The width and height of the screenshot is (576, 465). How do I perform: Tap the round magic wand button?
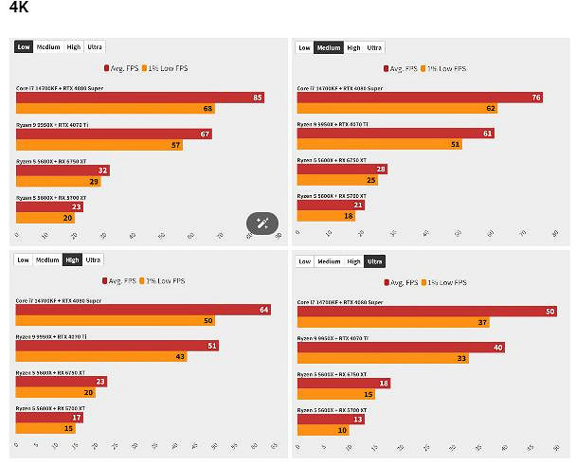(x=262, y=224)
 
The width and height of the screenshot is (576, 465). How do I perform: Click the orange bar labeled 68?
(x=116, y=109)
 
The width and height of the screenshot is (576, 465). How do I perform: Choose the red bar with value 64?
(x=143, y=310)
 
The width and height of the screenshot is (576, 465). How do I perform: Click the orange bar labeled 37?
(x=393, y=323)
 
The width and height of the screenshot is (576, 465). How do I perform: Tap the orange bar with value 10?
(x=323, y=430)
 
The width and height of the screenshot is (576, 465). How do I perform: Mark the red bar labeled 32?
(x=63, y=170)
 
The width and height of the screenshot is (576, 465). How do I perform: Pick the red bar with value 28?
(x=342, y=169)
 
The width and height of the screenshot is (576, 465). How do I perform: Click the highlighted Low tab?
(x=24, y=46)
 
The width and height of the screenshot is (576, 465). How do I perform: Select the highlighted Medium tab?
(x=329, y=47)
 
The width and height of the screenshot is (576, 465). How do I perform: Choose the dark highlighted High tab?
(x=72, y=259)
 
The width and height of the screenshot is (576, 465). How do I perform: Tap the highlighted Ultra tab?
(x=374, y=261)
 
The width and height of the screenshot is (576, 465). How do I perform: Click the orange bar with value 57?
(x=99, y=145)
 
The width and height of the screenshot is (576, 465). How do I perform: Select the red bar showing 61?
(x=395, y=134)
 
